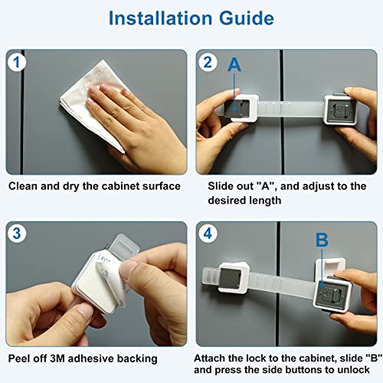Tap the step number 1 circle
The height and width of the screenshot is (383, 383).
(x=18, y=63)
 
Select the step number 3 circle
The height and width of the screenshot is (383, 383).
(x=18, y=234)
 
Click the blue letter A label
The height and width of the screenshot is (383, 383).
(x=234, y=67)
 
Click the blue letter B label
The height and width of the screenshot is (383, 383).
(x=322, y=240)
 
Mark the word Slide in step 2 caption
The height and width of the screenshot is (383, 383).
(x=222, y=186)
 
